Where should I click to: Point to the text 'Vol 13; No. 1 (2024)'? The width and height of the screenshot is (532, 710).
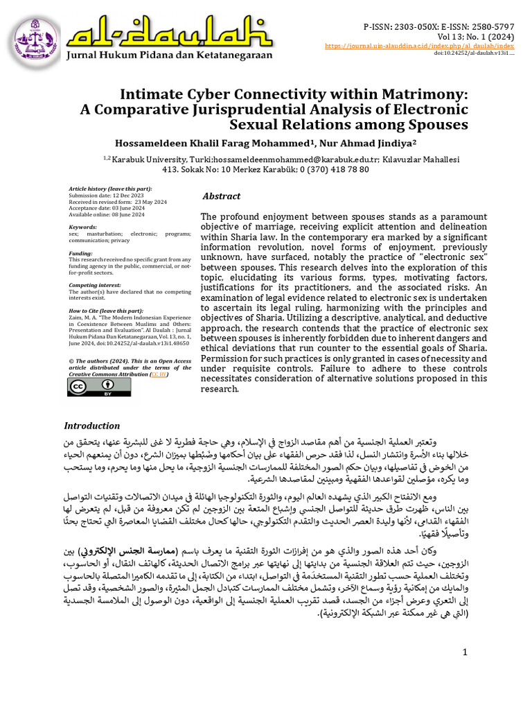point(475,35)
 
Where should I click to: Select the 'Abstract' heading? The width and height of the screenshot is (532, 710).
point(222,196)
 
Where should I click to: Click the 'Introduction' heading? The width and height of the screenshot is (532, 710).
point(92,426)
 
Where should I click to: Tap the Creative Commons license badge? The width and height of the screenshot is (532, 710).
point(89,387)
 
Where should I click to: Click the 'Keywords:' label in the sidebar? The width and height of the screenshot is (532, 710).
point(83,227)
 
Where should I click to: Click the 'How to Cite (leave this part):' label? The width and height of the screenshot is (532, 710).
point(106,311)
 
